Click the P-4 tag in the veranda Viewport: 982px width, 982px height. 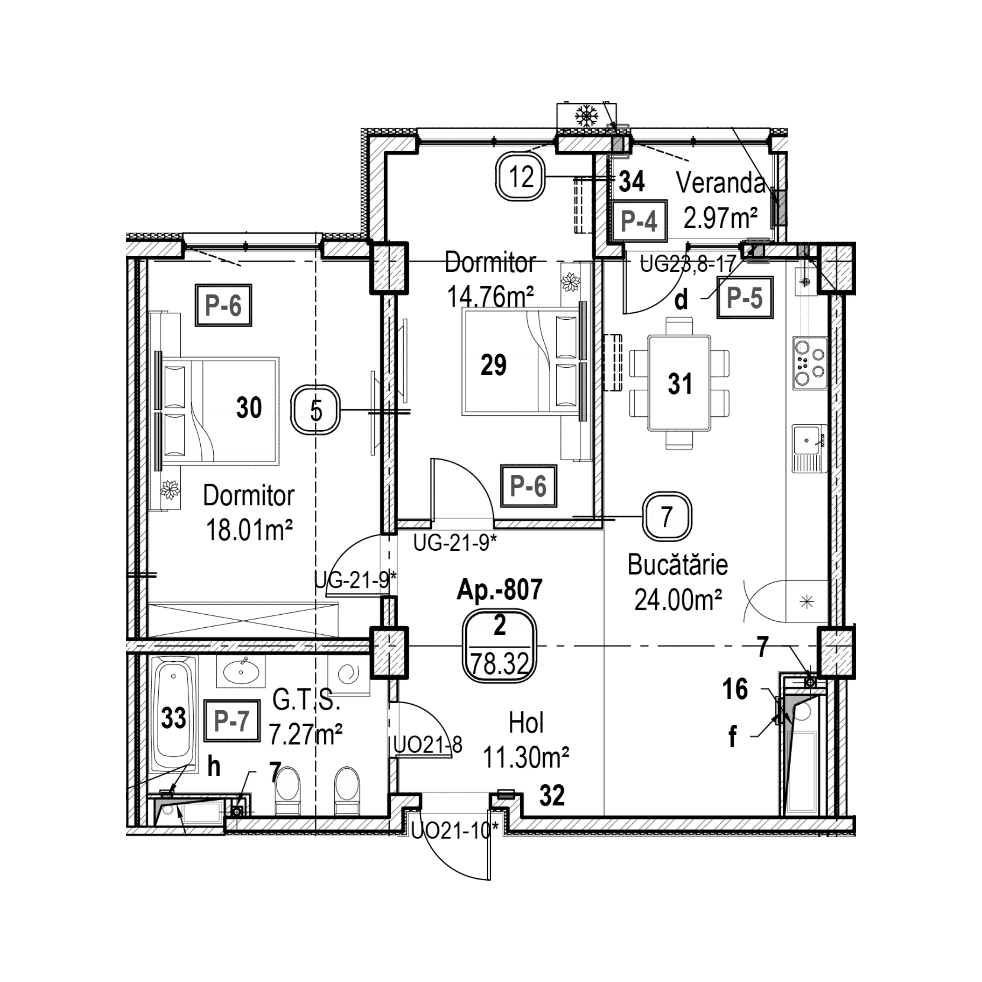[x=639, y=221]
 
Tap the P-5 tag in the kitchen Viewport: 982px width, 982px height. [x=745, y=298]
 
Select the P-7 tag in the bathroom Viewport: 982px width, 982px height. [x=231, y=721]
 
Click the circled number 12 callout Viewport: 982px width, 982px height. [x=521, y=178]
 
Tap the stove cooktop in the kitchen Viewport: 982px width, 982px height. [x=810, y=363]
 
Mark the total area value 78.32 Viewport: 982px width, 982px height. [x=500, y=664]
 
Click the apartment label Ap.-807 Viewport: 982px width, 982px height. [x=500, y=590]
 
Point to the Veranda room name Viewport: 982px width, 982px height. [x=721, y=183]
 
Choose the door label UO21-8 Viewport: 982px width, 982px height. [x=428, y=746]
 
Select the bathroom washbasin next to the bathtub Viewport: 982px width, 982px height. [x=241, y=671]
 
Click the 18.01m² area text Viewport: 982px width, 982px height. [x=249, y=531]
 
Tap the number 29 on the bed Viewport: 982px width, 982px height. [x=493, y=365]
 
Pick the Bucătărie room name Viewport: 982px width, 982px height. [x=678, y=565]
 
